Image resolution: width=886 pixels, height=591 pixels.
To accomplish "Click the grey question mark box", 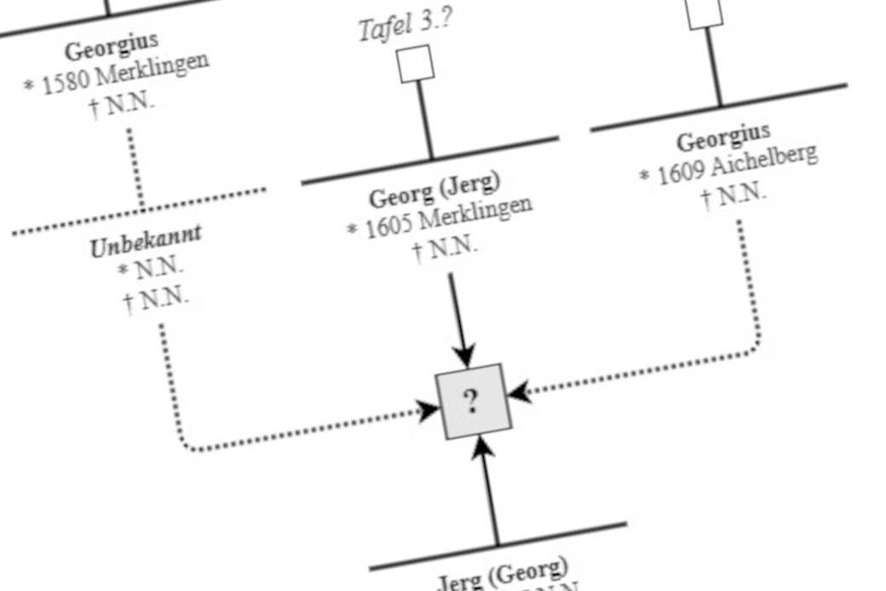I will (473, 401).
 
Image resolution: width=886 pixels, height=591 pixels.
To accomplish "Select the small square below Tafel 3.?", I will (416, 64).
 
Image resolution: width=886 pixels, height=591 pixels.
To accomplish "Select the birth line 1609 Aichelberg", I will (729, 166).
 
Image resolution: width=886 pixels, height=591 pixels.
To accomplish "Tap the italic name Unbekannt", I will (146, 241).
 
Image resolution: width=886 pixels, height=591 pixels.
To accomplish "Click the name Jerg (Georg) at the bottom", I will (502, 573).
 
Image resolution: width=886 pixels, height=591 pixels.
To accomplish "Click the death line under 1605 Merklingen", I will (445, 250).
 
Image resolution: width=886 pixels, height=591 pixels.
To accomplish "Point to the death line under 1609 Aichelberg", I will (734, 195).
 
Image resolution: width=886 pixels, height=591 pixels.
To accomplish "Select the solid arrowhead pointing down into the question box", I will (463, 355).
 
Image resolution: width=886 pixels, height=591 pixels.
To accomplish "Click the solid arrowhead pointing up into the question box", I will (484, 449).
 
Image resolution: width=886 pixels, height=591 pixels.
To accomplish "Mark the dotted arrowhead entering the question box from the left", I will (428, 411).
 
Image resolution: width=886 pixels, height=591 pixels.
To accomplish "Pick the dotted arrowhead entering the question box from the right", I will (519, 392).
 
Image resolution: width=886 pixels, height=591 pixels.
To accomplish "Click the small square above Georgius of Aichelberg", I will (705, 13).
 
